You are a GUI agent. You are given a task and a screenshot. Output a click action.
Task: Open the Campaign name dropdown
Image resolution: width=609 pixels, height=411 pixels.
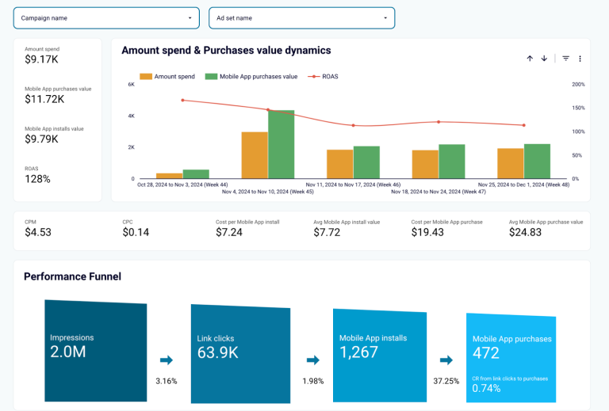[x=106, y=17]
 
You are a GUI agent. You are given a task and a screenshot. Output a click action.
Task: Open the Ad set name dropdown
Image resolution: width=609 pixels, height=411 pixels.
[x=301, y=17]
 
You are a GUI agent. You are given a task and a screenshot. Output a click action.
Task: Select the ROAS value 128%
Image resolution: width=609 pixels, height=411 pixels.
[x=37, y=179]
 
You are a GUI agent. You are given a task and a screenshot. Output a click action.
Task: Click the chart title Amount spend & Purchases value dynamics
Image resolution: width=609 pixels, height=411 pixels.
[x=226, y=51]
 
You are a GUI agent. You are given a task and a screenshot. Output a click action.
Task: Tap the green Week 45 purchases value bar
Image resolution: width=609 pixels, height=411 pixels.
[x=281, y=144]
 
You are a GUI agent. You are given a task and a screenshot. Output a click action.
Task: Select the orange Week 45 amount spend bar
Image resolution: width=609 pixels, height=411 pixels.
[x=255, y=154]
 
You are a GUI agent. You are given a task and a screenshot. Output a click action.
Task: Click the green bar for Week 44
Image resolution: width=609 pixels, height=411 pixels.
[x=196, y=173]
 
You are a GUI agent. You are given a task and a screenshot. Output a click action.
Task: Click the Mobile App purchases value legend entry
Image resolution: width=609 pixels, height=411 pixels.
[x=251, y=77]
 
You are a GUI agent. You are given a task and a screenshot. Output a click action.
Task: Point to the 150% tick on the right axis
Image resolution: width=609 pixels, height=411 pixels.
[x=578, y=108]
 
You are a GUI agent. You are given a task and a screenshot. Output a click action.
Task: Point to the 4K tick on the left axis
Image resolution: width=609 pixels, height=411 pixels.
[x=131, y=116]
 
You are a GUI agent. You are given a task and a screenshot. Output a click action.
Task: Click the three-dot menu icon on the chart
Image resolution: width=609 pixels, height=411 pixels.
[x=580, y=59]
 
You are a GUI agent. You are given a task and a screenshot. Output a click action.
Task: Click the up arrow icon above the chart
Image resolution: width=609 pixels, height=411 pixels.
[x=530, y=59]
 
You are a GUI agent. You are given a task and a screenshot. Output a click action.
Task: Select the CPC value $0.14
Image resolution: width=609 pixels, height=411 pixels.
[x=136, y=233]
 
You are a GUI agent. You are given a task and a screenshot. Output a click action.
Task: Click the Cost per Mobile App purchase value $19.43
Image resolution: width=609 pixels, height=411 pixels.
[x=427, y=233]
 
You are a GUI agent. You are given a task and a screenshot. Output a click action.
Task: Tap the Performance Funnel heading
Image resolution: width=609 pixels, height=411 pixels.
[x=72, y=276]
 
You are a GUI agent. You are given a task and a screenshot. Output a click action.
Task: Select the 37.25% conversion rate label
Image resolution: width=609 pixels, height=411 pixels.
[x=446, y=381]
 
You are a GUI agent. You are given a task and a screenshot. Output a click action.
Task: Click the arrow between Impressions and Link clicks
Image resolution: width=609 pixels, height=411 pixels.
[x=166, y=360]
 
